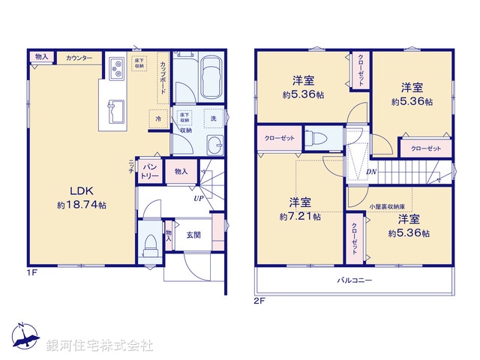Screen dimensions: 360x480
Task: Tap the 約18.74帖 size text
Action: click(81, 204)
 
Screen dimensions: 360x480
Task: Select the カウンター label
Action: click(79, 58)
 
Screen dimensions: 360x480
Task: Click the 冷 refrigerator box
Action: click(158, 118)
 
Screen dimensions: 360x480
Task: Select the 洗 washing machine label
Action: click(213, 118)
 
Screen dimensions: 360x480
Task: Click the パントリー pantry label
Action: click(150, 170)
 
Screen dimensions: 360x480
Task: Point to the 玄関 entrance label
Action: click(193, 235)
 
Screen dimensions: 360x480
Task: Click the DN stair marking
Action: click(372, 172)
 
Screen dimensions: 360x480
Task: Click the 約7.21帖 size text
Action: click(300, 216)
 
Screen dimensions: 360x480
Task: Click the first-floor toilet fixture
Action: click(151, 243)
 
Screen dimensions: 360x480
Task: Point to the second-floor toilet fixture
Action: click(316, 138)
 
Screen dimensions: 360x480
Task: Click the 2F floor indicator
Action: click(259, 301)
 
